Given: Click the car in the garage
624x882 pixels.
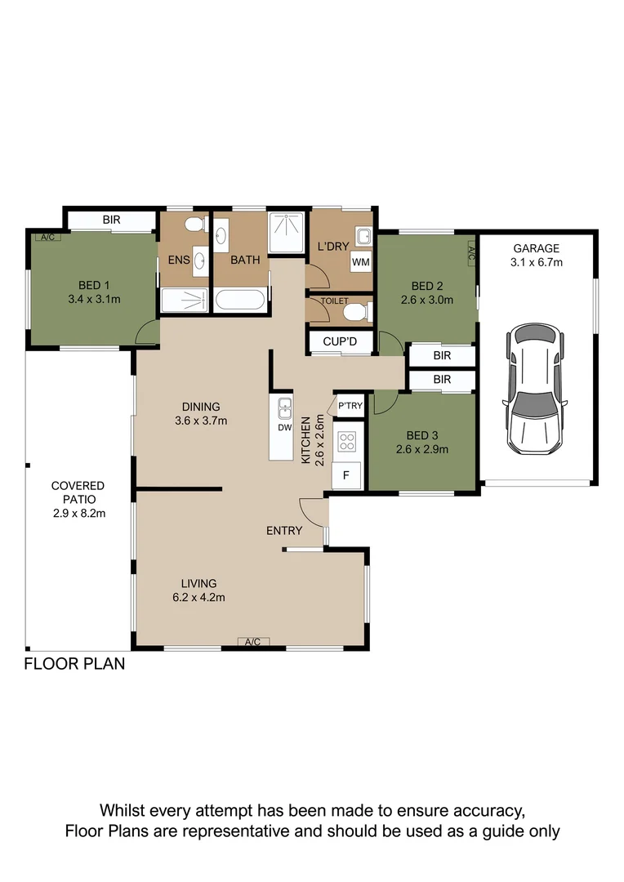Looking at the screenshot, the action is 534,389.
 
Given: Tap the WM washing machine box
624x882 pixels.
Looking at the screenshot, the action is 361,262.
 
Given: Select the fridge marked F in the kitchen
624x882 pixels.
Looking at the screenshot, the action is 346,476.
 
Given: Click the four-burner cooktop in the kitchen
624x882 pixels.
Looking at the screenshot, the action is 346,442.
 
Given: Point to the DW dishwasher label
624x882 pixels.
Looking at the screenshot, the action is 285,427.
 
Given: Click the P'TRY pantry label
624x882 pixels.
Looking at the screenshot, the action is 350,406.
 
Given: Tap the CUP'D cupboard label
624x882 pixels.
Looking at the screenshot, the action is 340,341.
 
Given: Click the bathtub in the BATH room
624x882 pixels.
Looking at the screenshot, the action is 240,299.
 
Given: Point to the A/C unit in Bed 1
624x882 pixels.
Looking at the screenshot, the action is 48,238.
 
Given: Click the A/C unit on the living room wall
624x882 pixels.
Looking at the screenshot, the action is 252,642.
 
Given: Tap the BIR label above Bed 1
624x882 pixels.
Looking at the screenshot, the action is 111,220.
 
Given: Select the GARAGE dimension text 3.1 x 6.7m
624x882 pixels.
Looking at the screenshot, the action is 537,262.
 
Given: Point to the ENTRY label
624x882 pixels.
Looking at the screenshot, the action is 284,531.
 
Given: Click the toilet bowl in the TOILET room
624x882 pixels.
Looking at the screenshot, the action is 357,312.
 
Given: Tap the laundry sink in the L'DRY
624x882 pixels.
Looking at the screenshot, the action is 363,236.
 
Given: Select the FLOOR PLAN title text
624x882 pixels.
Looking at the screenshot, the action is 74,664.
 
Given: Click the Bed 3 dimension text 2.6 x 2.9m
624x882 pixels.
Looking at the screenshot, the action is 422,449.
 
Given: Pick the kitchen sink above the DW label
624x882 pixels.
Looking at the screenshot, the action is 285,408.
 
